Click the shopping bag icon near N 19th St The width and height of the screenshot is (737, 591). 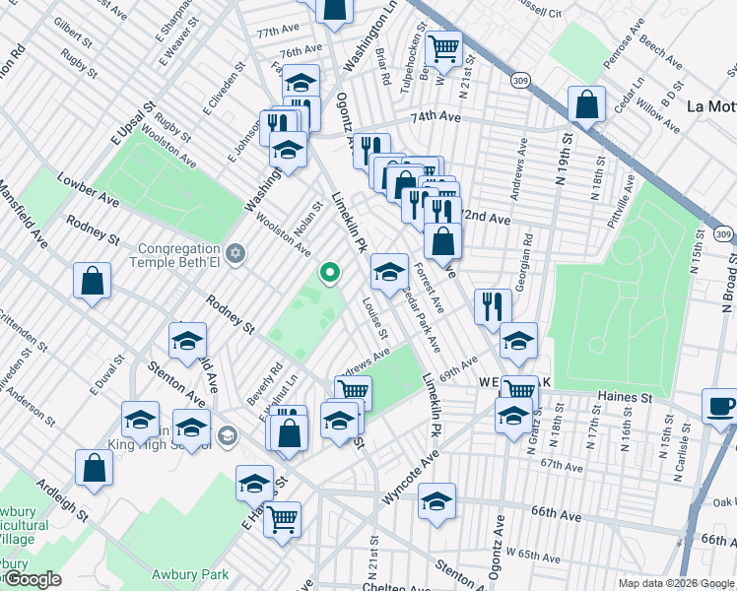[x=586, y=106]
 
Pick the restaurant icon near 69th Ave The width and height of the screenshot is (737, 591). [x=493, y=307]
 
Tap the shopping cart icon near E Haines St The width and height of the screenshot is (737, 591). [x=283, y=519]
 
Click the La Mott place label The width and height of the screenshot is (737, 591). [x=710, y=106]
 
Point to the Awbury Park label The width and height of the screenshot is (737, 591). [x=189, y=574]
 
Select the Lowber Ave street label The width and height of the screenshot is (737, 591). [x=88, y=192]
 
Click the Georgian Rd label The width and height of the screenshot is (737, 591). [x=529, y=253]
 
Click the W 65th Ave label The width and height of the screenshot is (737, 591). [x=540, y=555]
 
